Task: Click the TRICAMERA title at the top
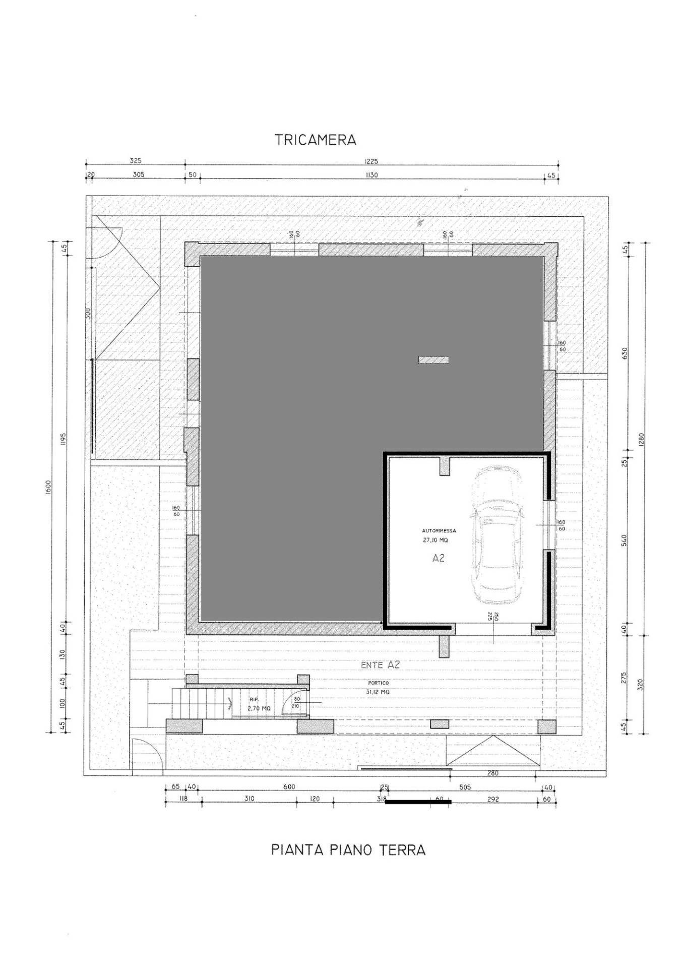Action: coord(316,140)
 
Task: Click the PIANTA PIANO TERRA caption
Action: coord(348,850)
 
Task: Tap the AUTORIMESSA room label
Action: coord(439,531)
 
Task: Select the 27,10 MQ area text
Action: coord(435,540)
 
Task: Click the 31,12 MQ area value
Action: coord(378,692)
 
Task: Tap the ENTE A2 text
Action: coord(380,665)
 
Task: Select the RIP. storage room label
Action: coord(254,700)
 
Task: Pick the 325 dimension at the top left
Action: coord(136,161)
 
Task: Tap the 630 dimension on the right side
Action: coord(624,352)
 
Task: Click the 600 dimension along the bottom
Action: coord(289,786)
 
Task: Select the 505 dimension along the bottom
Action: coord(465,786)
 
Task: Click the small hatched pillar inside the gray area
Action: coord(433,359)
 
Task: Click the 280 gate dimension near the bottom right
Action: coord(493,773)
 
